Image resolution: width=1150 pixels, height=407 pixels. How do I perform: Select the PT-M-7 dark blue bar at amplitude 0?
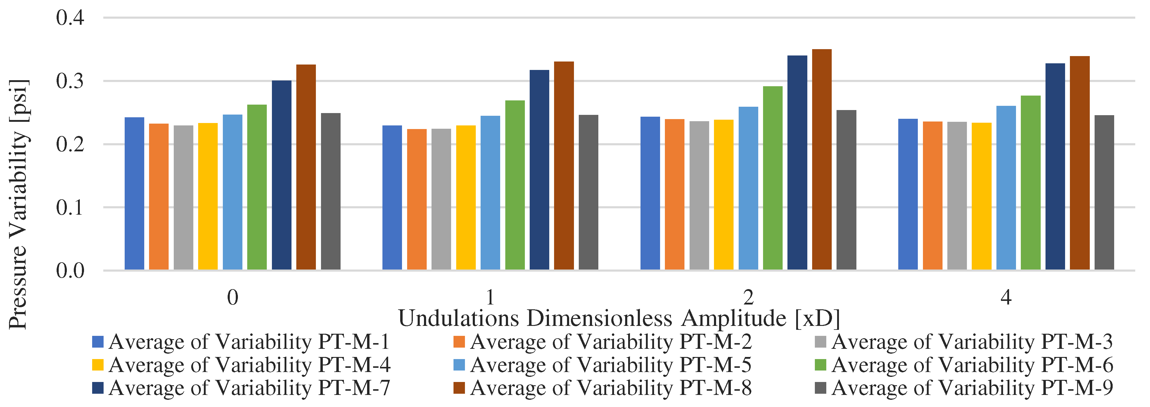pyautogui.click(x=281, y=175)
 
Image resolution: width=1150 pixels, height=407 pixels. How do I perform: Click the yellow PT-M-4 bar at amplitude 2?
pyautogui.click(x=723, y=195)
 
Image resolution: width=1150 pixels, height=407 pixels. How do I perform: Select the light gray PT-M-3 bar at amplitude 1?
pyautogui.click(x=441, y=199)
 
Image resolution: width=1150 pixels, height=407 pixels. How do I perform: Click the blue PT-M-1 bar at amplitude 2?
pyautogui.click(x=650, y=193)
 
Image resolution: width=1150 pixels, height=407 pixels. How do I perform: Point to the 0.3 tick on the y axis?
pyautogui.click(x=70, y=81)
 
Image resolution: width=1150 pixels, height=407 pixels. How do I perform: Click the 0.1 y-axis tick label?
pyautogui.click(x=70, y=208)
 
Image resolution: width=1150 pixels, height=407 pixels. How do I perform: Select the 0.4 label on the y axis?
pyautogui.click(x=70, y=18)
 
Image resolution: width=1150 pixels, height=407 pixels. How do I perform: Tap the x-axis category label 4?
pyautogui.click(x=1006, y=297)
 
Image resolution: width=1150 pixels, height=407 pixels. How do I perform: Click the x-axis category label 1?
pyautogui.click(x=490, y=297)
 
